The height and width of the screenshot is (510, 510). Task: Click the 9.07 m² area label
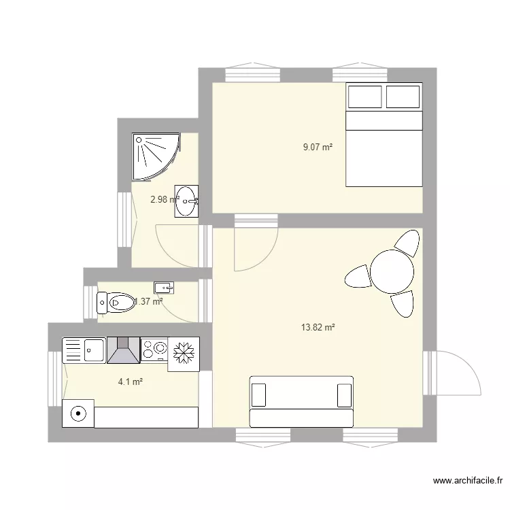(318, 146)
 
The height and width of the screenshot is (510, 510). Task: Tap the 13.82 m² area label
(318, 328)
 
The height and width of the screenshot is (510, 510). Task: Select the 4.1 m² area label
(130, 382)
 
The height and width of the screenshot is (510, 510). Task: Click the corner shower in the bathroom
(154, 156)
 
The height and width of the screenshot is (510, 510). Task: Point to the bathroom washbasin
(186, 201)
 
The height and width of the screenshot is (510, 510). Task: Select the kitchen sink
(84, 351)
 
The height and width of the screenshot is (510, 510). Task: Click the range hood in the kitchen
(122, 351)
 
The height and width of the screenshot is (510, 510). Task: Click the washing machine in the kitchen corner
(78, 413)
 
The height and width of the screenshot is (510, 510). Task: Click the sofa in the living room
(302, 401)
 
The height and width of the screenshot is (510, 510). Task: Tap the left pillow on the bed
(364, 97)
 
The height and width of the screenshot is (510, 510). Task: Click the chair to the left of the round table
(356, 276)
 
